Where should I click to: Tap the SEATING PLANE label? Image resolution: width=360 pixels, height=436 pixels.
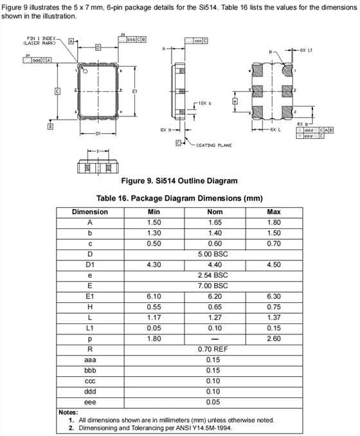(213, 145)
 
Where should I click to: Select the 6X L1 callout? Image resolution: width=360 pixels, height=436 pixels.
(306, 50)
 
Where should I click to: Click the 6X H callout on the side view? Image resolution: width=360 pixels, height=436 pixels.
(165, 130)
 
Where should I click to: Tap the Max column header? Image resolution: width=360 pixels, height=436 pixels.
(274, 212)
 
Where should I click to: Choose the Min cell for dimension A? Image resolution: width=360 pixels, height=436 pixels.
(154, 222)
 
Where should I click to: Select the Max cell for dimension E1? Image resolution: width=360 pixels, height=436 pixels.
(274, 296)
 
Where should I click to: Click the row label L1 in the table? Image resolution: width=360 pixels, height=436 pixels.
(90, 327)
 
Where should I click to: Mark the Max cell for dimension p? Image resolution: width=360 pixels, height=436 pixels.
(274, 338)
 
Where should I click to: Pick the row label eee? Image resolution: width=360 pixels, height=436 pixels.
(90, 402)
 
